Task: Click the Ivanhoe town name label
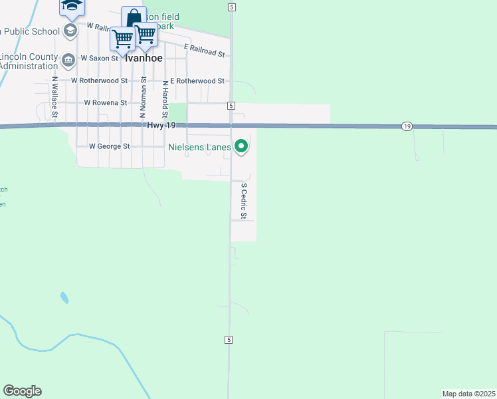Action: (144, 58)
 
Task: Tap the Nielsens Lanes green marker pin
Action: (241, 146)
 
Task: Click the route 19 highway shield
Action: (407, 126)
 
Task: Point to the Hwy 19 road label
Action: (161, 125)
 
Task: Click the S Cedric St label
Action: (244, 201)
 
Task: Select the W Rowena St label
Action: (106, 103)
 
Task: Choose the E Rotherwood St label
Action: (197, 80)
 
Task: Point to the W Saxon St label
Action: (99, 58)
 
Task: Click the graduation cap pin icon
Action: (71, 7)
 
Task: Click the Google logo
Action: (22, 391)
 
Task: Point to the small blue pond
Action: (64, 297)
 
